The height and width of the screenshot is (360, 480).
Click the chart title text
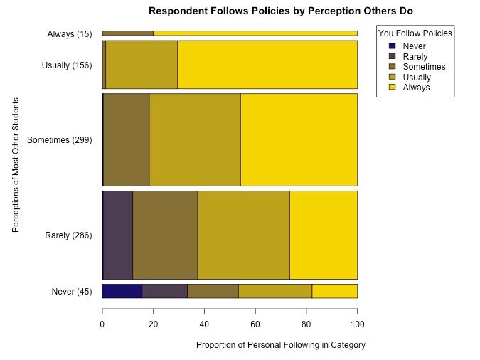pyautogui.click(x=280, y=11)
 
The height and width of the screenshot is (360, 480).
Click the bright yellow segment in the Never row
pyautogui.click(x=334, y=290)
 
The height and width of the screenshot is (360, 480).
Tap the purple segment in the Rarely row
pyautogui.click(x=118, y=235)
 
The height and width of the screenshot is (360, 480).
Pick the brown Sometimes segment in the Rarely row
pyautogui.click(x=165, y=235)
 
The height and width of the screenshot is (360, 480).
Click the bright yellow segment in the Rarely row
pyautogui.click(x=323, y=235)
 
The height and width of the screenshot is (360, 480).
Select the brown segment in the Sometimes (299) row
pyautogui.click(x=126, y=139)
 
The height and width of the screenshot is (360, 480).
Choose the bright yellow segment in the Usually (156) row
pyautogui.click(x=267, y=64)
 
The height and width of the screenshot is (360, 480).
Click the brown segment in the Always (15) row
pyautogui.click(x=128, y=33)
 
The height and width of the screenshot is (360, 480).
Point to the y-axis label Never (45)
pyautogui.click(x=72, y=291)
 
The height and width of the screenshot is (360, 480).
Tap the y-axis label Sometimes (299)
pyautogui.click(x=60, y=140)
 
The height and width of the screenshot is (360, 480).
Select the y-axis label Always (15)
pyautogui.click(x=70, y=33)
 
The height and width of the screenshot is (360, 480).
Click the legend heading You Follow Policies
pyautogui.click(x=415, y=33)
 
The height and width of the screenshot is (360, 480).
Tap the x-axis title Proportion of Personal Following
pyautogui.click(x=280, y=345)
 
